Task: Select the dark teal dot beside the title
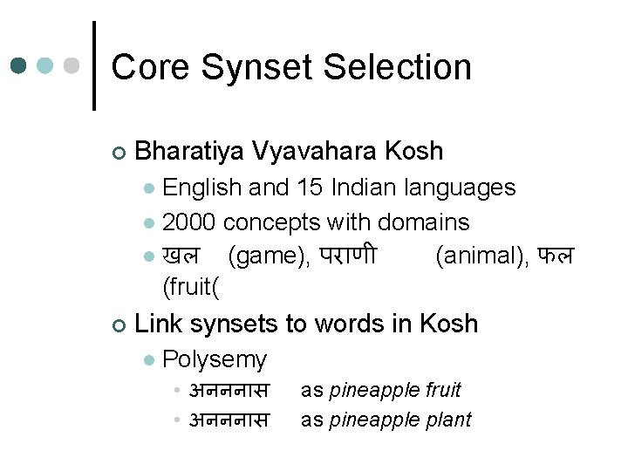pos(19,66)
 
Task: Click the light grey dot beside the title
pos(72,66)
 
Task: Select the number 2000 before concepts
pos(191,222)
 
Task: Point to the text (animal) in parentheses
pos(476,256)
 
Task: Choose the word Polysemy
pos(215,358)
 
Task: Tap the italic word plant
pos(448,420)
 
